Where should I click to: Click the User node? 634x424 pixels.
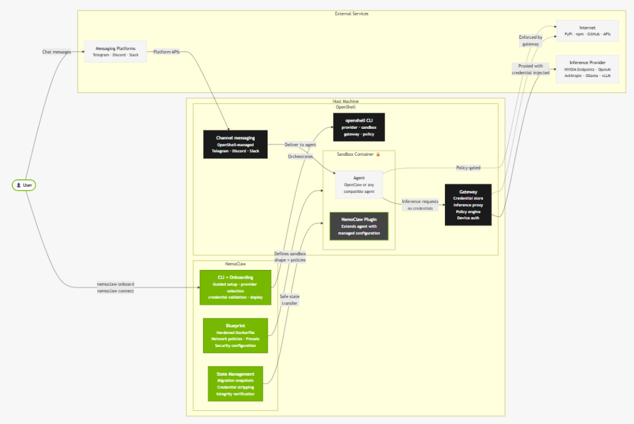point(24,185)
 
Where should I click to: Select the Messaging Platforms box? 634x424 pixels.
point(115,52)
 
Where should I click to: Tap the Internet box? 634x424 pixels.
point(587,31)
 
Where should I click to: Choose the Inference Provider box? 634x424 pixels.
point(587,69)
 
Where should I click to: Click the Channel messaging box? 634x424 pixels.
point(235,144)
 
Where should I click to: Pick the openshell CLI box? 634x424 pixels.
point(359,127)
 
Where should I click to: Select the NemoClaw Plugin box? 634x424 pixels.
point(359,226)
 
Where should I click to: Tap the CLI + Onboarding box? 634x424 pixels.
point(235,288)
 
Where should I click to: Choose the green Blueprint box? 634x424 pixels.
point(235,336)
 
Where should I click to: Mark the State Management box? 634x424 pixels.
point(235,384)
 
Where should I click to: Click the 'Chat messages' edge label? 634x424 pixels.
point(56,52)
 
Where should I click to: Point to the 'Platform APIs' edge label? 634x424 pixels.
point(167,52)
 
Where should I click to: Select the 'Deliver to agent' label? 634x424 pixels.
point(301,144)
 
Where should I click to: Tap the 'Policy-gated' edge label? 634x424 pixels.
point(468,168)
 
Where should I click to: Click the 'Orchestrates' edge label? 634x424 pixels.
point(300,156)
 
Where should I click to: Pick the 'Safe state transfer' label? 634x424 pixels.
point(289,300)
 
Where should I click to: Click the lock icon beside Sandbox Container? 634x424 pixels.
point(378,154)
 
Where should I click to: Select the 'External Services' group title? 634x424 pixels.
point(352,14)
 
